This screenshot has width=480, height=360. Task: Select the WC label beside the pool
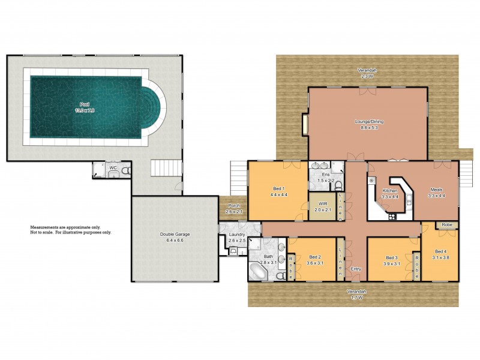[112, 169]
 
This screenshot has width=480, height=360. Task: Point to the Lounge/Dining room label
[368, 121]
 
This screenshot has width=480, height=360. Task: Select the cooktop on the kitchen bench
[372, 181]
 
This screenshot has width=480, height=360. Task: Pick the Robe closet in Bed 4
[446, 225]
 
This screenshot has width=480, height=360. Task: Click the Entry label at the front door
[356, 269]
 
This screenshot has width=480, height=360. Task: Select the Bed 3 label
[392, 258]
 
